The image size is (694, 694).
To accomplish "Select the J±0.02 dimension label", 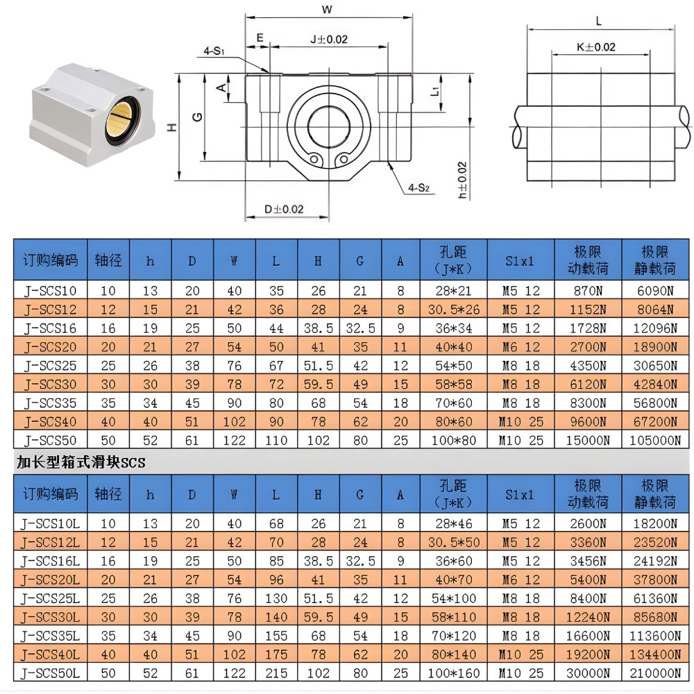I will tap(328, 39).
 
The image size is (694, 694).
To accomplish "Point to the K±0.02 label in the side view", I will tap(595, 47).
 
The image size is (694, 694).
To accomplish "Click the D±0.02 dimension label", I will tap(284, 208).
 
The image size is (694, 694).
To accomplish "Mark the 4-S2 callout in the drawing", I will tap(419, 187).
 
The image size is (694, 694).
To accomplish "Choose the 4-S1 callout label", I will tap(214, 51).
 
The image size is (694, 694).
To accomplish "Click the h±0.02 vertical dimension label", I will tap(462, 181).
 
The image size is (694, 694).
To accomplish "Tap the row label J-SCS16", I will tap(50, 328).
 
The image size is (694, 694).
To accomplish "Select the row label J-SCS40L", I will tap(51, 654).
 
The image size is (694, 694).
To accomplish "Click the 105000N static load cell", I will tap(655, 440).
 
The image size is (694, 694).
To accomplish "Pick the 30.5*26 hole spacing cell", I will tap(453, 310).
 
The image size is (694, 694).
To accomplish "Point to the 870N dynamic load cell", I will tap(588, 291).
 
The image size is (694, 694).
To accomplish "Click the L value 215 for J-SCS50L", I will tap(276, 672).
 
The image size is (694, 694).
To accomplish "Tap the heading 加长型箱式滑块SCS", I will tap(81, 462).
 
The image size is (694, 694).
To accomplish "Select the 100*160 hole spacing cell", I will tap(453, 672).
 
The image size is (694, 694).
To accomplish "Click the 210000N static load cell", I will tap(655, 672).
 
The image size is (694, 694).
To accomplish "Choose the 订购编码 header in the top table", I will tap(50, 260).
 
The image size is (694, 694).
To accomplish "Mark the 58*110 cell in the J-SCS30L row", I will tap(453, 616).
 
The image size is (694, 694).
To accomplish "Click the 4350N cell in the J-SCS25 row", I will tap(588, 365).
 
